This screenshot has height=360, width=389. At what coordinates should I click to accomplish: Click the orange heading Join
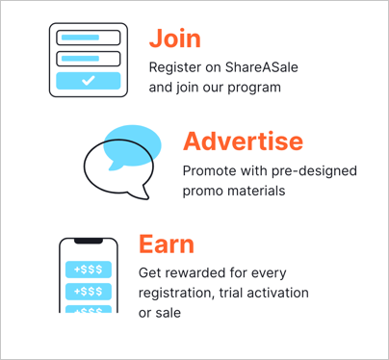[x=174, y=39]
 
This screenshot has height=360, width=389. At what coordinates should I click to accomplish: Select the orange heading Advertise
[x=243, y=141]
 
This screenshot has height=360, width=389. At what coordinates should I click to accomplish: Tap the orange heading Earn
[x=166, y=244]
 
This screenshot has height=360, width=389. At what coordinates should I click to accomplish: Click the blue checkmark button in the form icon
[x=88, y=82]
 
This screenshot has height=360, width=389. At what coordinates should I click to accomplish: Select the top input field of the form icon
[x=88, y=39]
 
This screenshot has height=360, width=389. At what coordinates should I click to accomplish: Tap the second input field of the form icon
[x=88, y=58]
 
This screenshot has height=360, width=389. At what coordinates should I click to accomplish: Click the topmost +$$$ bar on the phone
[x=89, y=269]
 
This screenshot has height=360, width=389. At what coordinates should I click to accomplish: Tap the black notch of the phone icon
[x=89, y=240]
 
